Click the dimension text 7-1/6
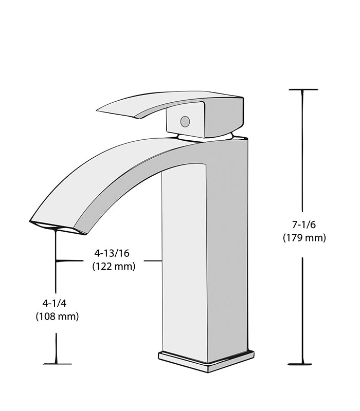pyautogui.click(x=303, y=224)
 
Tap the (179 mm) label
pyautogui.click(x=304, y=237)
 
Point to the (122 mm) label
pyautogui.click(x=113, y=266)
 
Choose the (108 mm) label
pyautogui.click(x=57, y=316)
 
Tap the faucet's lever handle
pyautogui.click(x=154, y=103)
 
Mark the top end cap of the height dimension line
pyautogui.click(x=302, y=90)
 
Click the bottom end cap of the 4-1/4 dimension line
pyautogui.click(x=57, y=364)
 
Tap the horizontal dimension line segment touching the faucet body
pyautogui.click(x=153, y=261)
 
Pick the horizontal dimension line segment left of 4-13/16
pyautogui.click(x=70, y=261)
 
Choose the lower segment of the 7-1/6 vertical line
pyautogui.click(x=302, y=308)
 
